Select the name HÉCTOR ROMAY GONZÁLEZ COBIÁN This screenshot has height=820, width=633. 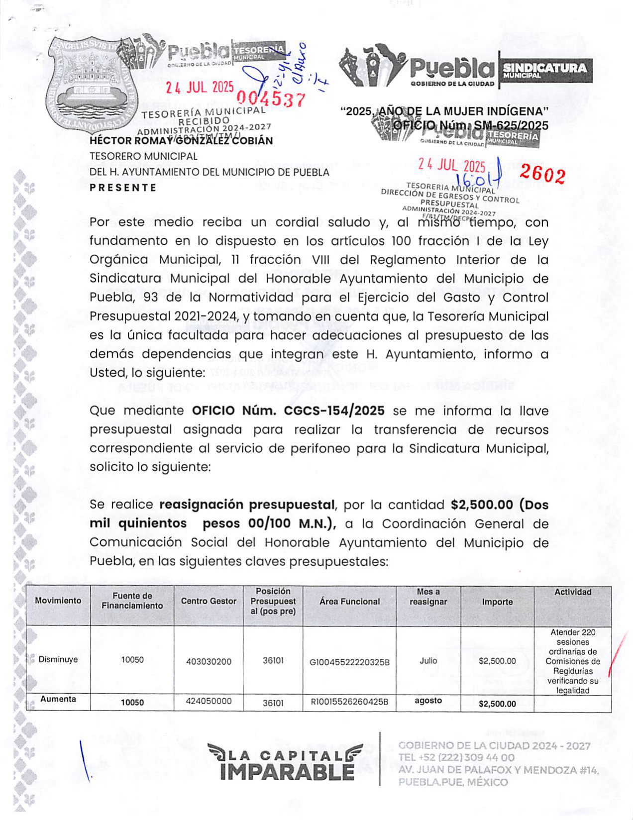(181, 141)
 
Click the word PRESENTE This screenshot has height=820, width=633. (123, 188)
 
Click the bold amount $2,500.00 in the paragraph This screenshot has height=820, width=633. (482, 505)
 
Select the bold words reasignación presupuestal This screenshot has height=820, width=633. (247, 505)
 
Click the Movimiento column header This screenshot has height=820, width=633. (58, 601)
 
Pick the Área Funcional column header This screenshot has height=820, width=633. (349, 601)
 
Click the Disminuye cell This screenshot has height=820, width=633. (58, 660)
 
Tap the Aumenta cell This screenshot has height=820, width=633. (58, 699)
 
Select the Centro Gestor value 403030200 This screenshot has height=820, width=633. (209, 662)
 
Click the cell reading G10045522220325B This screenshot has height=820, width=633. (349, 662)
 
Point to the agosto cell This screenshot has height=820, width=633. (428, 701)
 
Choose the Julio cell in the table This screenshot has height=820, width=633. (428, 661)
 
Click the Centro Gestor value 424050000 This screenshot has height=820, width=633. (209, 701)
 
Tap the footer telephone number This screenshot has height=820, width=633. (456, 757)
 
